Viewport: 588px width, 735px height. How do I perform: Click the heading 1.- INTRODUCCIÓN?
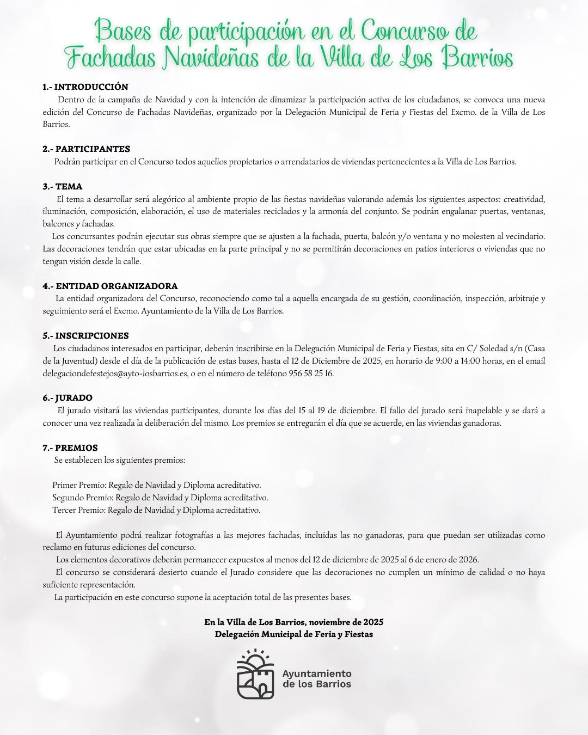click(x=85, y=87)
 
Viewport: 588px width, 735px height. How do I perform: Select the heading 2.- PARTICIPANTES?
click(x=86, y=149)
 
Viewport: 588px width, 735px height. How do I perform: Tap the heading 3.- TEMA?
click(x=63, y=187)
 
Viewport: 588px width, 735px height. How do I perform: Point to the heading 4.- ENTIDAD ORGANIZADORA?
click(x=110, y=286)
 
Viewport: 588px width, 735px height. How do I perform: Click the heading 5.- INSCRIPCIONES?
click(x=85, y=336)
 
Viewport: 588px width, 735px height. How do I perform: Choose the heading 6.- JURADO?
click(x=68, y=398)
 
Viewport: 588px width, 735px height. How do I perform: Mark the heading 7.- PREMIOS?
click(x=70, y=448)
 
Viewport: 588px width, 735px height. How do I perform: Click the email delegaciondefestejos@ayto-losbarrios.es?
click(x=115, y=373)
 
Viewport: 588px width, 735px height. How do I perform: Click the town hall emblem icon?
click(x=255, y=674)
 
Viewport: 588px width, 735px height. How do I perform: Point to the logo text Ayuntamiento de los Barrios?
click(x=317, y=678)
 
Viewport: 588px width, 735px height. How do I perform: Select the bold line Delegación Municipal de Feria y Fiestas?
click(x=294, y=634)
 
